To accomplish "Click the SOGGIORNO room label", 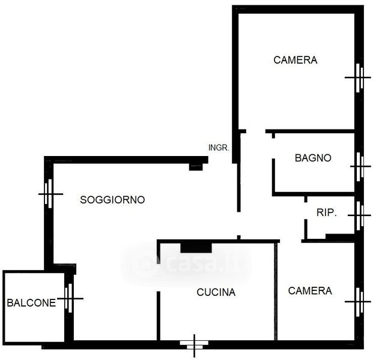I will coord(112,200).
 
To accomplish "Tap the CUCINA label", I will coord(216,293).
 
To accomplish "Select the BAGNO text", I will coord(313,158).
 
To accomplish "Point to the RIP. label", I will coord(327,212).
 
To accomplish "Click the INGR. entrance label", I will coord(219,148).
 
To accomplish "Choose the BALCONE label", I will coord(31,303).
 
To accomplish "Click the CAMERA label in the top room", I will coord(295,60).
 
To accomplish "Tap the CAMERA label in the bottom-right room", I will coord(310,291).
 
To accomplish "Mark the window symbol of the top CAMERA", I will coord(359,77).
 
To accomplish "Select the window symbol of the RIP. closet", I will coord(359,214).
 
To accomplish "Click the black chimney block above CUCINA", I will coord(196,246).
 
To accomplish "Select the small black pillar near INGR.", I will coord(196,166).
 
